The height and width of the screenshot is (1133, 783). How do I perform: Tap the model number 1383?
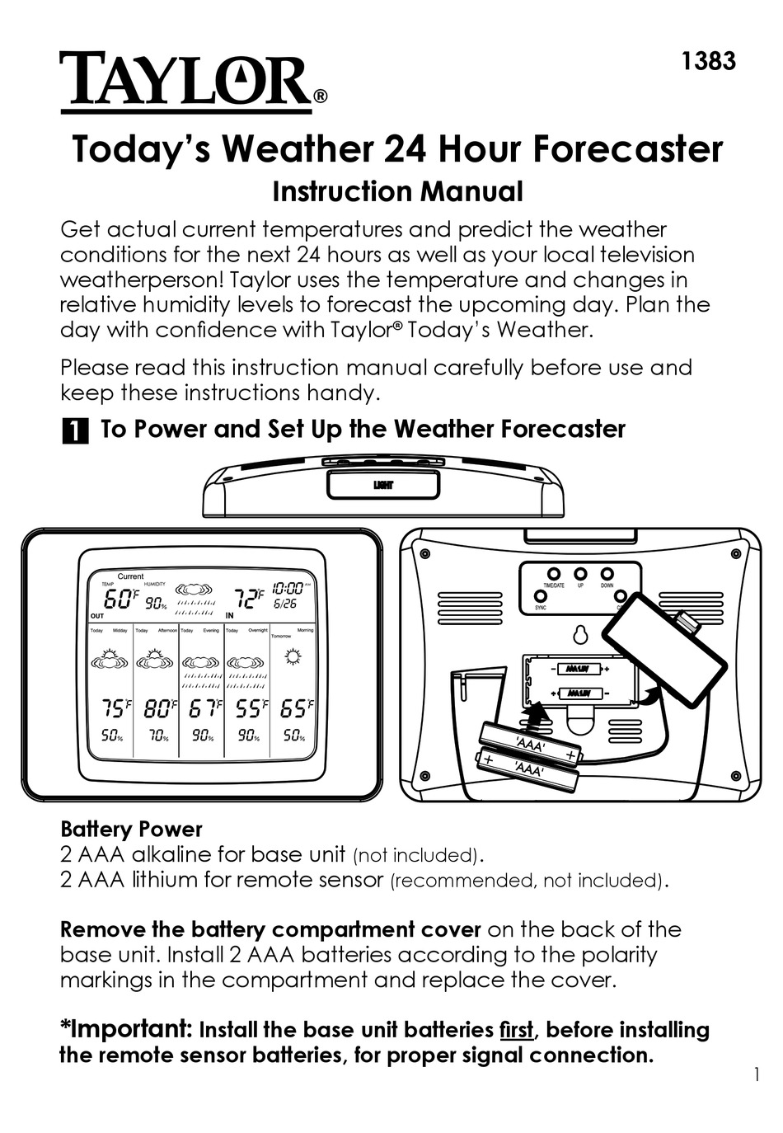point(708,61)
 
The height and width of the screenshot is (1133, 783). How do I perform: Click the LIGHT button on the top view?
point(383,485)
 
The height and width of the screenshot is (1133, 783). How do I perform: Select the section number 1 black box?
point(75,431)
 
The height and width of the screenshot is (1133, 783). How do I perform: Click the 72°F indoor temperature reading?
point(246,597)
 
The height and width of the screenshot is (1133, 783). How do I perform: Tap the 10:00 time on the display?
point(288,589)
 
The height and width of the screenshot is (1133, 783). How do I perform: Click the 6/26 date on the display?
point(285,604)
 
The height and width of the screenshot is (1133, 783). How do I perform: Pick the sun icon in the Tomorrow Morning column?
point(292,657)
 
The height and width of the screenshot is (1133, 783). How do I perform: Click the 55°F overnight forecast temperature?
point(249,708)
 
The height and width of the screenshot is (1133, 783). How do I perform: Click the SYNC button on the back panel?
point(542,595)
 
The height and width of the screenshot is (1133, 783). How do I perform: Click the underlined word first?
point(517,1030)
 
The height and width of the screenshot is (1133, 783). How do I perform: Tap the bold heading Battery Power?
point(131,829)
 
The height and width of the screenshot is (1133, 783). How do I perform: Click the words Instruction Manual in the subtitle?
point(397,191)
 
